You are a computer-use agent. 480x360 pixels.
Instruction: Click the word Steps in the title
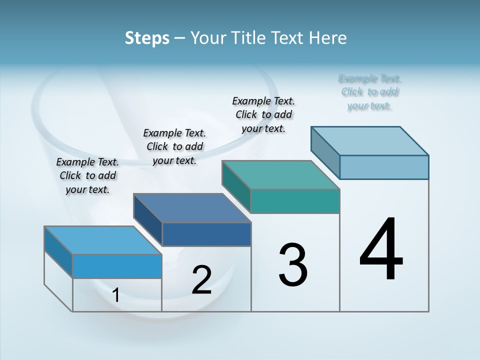(x=147, y=38)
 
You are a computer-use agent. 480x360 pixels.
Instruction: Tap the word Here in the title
(x=328, y=38)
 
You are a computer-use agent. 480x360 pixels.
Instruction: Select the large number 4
(x=381, y=250)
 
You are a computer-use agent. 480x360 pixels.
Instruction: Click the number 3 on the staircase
(x=293, y=265)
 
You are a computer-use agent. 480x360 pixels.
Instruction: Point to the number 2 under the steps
(x=201, y=280)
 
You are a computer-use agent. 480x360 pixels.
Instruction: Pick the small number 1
(x=115, y=295)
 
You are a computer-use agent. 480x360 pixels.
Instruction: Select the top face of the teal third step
(x=281, y=175)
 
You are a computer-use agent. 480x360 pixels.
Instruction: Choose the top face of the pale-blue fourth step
(x=370, y=141)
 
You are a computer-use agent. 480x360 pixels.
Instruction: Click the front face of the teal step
(x=295, y=201)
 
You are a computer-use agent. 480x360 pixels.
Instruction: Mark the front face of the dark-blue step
(x=206, y=234)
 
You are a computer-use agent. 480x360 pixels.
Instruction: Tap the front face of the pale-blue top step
(x=384, y=167)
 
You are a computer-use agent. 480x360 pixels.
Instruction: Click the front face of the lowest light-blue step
(x=117, y=266)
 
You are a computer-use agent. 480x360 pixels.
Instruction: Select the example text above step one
(x=87, y=175)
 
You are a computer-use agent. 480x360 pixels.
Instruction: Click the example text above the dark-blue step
(x=174, y=146)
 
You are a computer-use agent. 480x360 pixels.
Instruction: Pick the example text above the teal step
(x=263, y=114)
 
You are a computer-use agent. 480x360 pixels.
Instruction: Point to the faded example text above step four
(x=370, y=92)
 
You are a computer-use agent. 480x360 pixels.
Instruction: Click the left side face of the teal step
(x=236, y=188)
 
